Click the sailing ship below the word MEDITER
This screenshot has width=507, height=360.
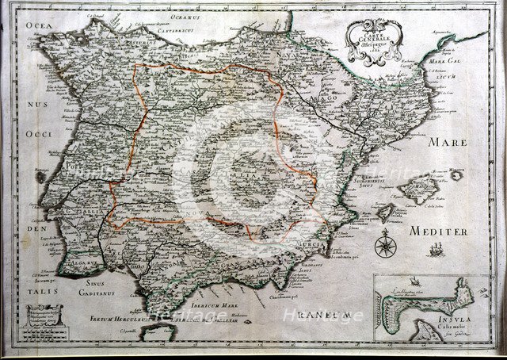click(x=434, y=251)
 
